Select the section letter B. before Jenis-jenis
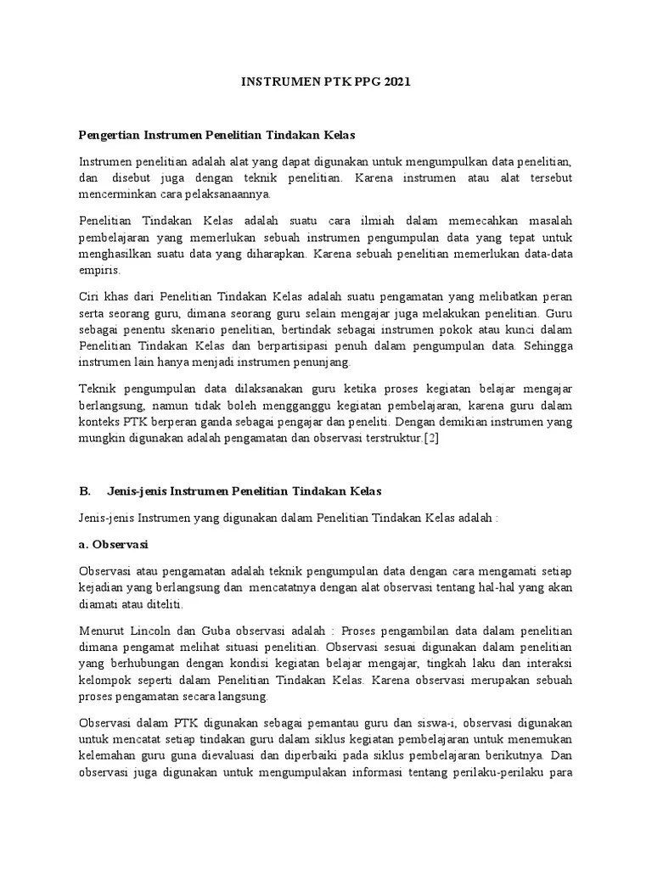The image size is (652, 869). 84,491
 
